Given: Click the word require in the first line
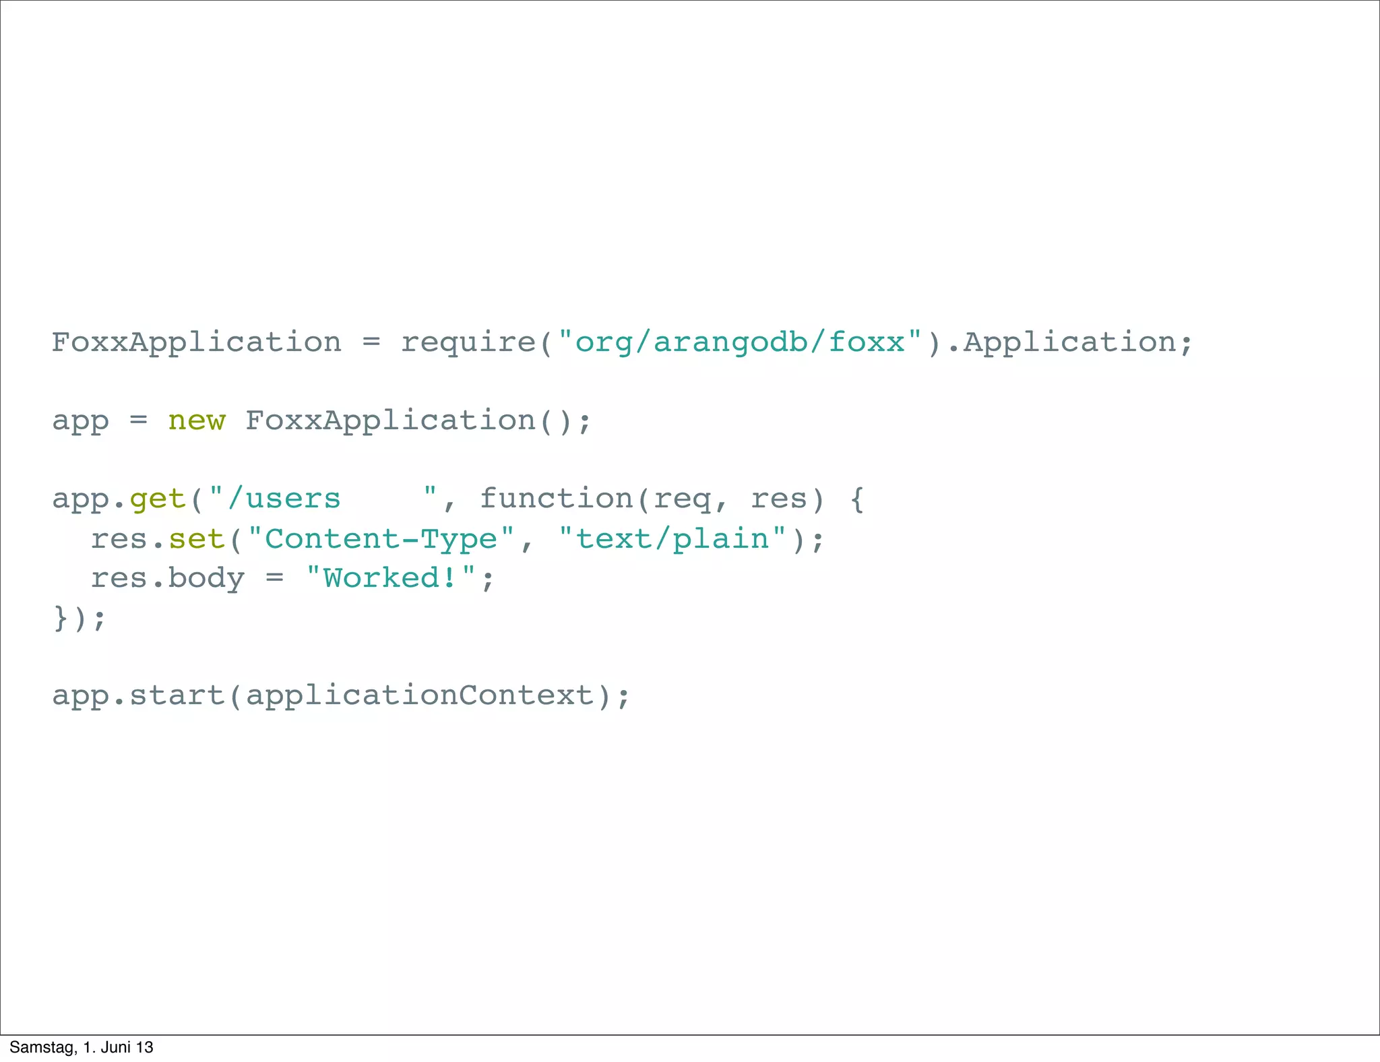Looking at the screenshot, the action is click(469, 343).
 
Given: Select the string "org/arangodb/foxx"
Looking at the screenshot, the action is click(740, 343).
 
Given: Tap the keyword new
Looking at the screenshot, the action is click(196, 420).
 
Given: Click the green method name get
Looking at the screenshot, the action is click(157, 499).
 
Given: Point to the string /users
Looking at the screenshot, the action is click(284, 499).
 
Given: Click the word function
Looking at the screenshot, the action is click(557, 499).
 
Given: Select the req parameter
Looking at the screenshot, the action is click(682, 499).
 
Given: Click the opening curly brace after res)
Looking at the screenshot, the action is click(856, 499).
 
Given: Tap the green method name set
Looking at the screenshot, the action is click(196, 539).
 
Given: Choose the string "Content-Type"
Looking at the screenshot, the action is click(381, 539).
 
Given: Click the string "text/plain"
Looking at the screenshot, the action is click(672, 539).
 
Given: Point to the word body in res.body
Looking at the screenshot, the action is click(206, 578).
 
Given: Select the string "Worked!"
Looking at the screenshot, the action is click(391, 578).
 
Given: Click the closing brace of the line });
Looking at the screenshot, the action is click(61, 617).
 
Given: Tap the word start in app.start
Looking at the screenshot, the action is click(177, 695).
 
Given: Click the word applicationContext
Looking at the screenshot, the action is click(419, 695).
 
